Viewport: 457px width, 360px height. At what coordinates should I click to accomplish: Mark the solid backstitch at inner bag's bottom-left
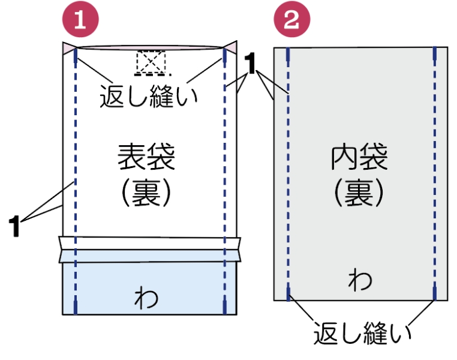(288, 293)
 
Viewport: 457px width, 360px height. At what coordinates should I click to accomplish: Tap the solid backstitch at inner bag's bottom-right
(434, 293)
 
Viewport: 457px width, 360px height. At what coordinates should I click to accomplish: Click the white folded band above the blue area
(150, 249)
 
